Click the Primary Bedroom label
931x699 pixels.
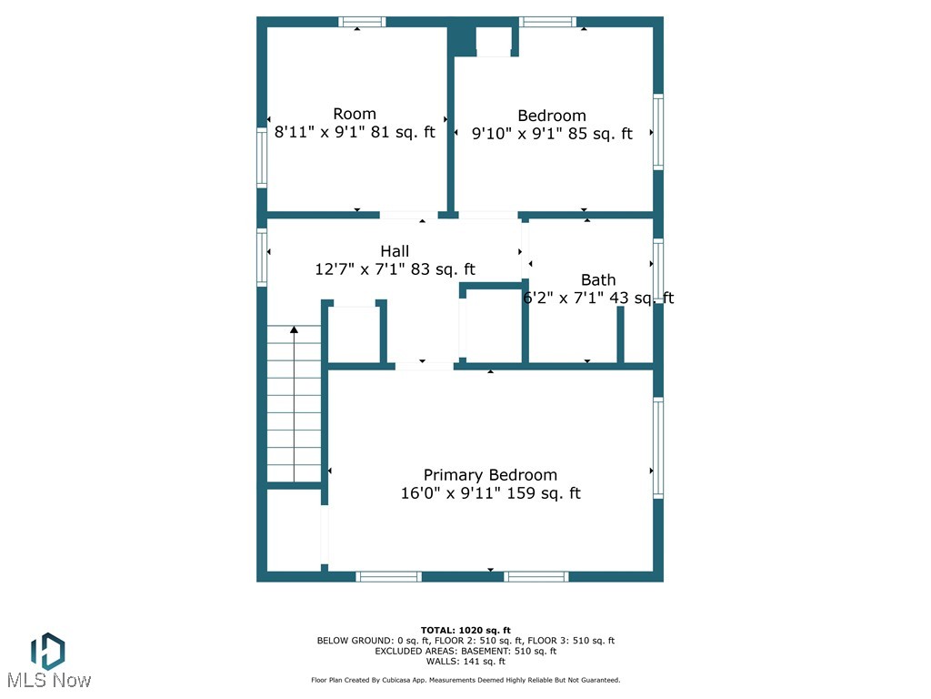[x=490, y=475]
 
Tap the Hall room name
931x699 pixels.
[x=395, y=251]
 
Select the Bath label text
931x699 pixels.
[x=598, y=280]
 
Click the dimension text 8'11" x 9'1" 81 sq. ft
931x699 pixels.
[x=355, y=133]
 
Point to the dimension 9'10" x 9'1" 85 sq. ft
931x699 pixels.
[x=552, y=135]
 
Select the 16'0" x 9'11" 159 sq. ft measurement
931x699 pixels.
[x=490, y=494]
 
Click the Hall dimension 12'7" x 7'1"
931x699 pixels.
[x=395, y=270]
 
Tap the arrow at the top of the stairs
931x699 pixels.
[x=294, y=330]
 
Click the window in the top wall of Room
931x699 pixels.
[x=362, y=22]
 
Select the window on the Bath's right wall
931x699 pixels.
[x=657, y=269]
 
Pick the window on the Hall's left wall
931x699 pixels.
[x=262, y=258]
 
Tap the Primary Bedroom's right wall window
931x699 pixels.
[x=657, y=448]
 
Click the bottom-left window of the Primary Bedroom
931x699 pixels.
[x=388, y=576]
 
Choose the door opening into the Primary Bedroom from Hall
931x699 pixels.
[x=424, y=366]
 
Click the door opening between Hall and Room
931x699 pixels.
[x=408, y=215]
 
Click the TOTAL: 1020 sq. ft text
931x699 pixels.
[x=465, y=630]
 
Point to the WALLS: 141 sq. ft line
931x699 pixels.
[x=465, y=662]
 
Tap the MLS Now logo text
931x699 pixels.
[x=48, y=680]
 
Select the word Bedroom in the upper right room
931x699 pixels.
[x=552, y=116]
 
